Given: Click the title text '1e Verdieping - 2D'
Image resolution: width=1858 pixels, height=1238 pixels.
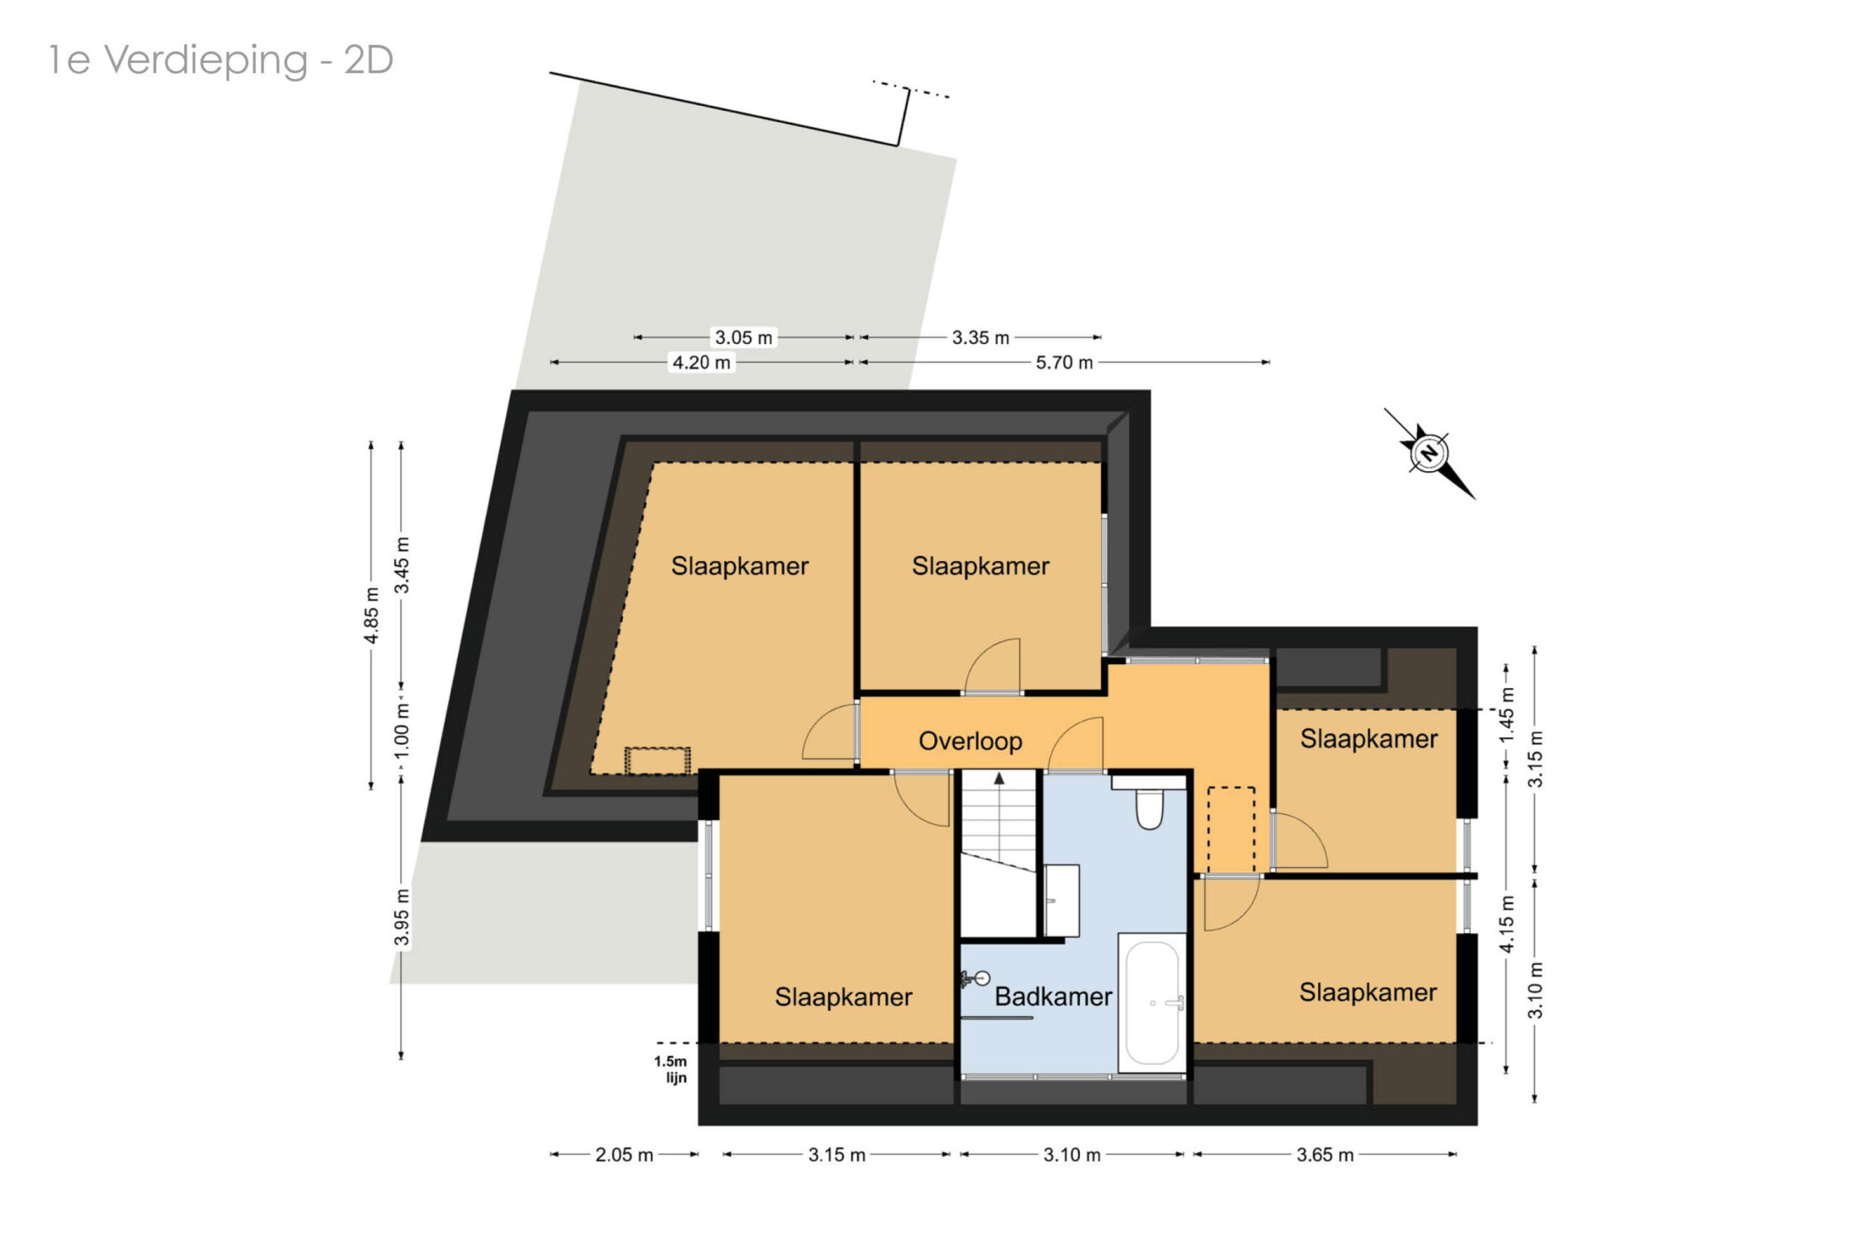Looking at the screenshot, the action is coord(221,60).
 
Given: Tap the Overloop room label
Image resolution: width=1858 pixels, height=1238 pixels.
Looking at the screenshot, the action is coord(970,741).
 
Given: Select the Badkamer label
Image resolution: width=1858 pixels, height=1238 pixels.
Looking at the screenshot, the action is coord(1052,996).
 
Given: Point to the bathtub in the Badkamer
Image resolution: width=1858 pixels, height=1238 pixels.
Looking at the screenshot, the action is coord(1152,1004).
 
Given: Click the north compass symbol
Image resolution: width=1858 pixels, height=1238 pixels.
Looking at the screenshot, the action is coord(1430,454).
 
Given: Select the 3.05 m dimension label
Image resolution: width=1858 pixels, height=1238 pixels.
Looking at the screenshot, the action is coord(743,338).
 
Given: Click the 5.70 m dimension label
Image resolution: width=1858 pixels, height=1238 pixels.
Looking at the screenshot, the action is coord(1065,362).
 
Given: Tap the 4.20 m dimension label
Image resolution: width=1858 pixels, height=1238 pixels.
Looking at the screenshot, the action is coord(701,362).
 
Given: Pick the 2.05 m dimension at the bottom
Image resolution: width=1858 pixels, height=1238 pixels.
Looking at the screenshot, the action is coord(623,1155).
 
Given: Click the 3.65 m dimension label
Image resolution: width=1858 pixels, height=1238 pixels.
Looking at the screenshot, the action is coord(1325,1155).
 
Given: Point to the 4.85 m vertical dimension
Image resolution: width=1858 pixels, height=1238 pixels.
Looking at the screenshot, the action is coord(371,615).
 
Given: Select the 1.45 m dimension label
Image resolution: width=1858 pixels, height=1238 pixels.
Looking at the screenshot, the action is coord(1507,715).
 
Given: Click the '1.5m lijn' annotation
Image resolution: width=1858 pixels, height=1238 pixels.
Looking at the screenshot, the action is coord(671,1070).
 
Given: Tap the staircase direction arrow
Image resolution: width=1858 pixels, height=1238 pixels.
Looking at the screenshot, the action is coord(999,779).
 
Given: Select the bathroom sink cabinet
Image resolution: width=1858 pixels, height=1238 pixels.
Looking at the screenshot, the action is coord(1061,901).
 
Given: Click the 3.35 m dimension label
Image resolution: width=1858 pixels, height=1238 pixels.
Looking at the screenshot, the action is coord(980,338).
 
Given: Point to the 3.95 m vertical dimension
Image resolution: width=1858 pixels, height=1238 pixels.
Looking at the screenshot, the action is coord(401,917).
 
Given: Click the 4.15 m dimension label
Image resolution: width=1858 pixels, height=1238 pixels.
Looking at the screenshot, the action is coord(1507,924).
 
